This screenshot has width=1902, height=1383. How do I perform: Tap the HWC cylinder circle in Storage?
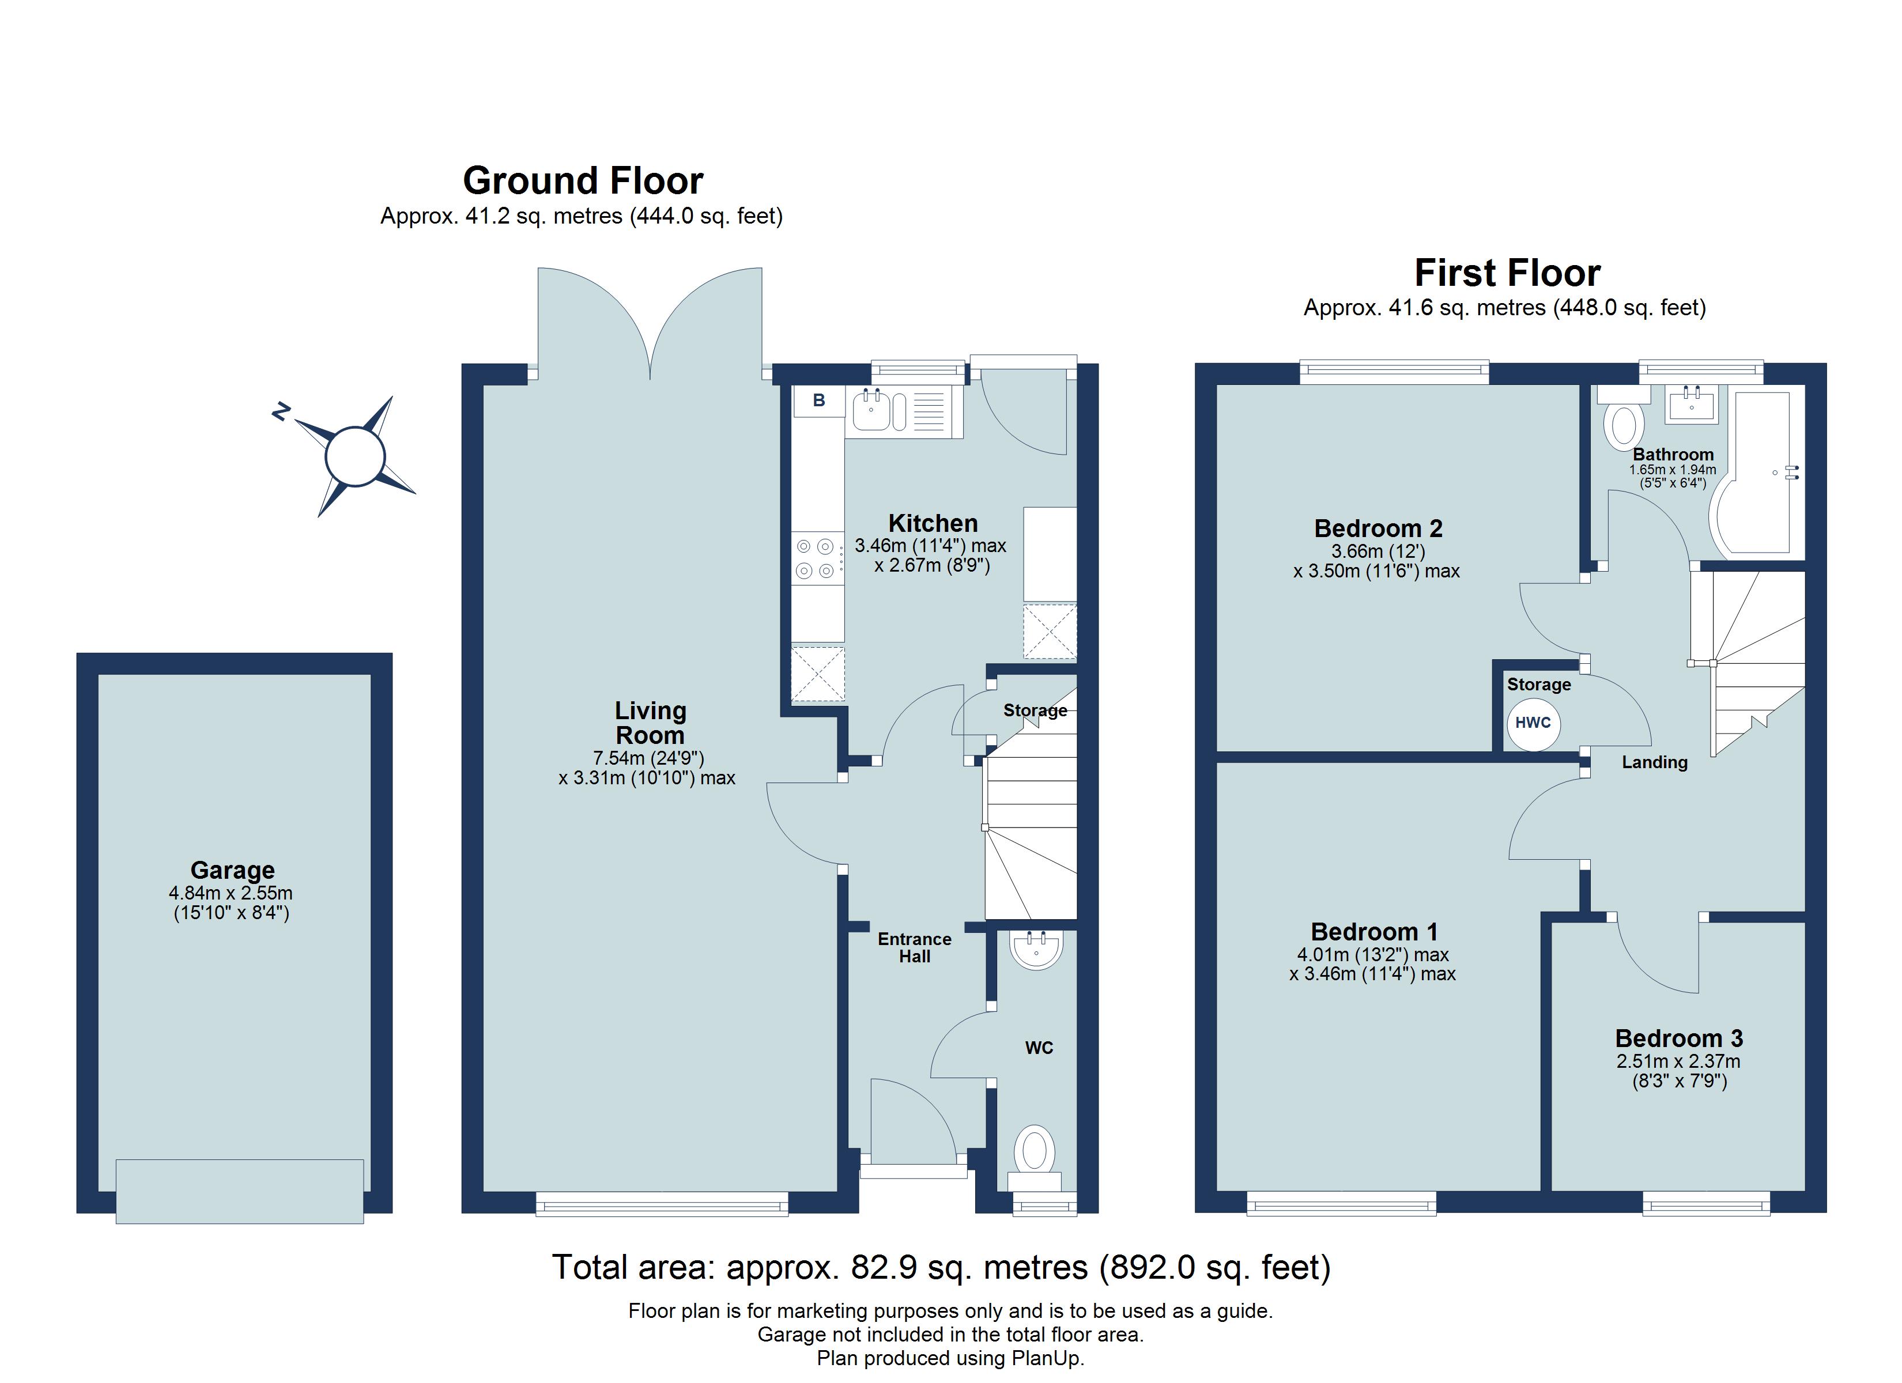(x=1533, y=723)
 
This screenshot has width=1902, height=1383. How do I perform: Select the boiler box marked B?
(x=818, y=401)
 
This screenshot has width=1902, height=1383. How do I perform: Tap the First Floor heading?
(x=1507, y=273)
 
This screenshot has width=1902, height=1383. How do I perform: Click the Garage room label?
(x=232, y=870)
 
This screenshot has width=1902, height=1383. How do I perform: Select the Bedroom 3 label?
(x=1679, y=1038)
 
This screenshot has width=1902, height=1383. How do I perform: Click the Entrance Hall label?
(x=914, y=948)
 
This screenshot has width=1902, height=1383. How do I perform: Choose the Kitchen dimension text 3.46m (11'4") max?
(x=930, y=545)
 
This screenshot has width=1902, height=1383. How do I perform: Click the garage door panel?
(x=240, y=1191)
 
